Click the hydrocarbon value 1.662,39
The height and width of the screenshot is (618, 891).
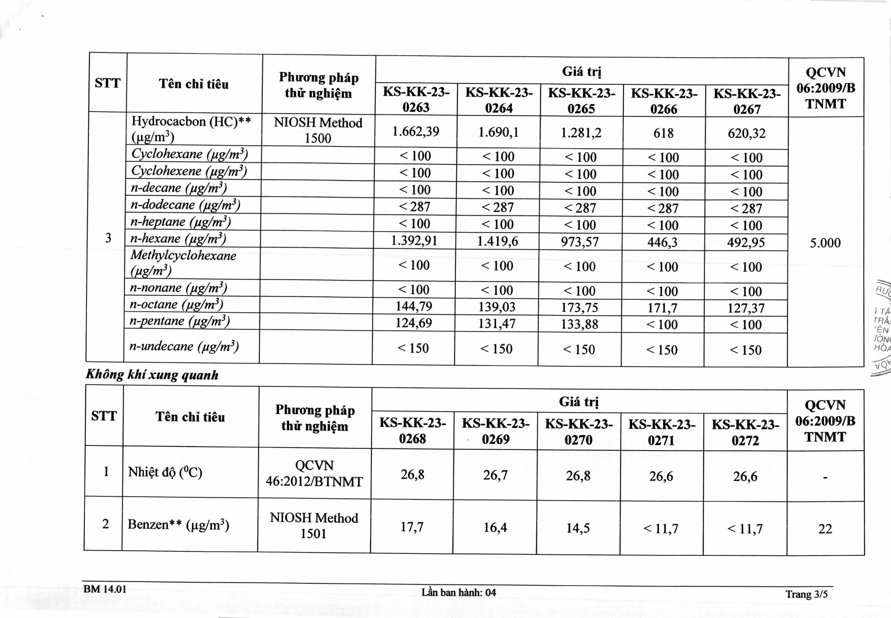pyautogui.click(x=416, y=132)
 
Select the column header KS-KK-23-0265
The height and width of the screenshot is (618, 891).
pyautogui.click(x=581, y=101)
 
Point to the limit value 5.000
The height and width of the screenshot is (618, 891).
pyautogui.click(x=825, y=243)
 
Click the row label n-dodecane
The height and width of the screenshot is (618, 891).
pyautogui.click(x=185, y=205)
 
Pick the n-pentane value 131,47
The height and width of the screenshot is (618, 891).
pyautogui.click(x=497, y=323)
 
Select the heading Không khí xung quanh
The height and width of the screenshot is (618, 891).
pyautogui.click(x=152, y=375)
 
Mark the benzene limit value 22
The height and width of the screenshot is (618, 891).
pyautogui.click(x=825, y=529)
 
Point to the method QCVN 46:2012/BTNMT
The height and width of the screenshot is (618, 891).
pyautogui.click(x=314, y=473)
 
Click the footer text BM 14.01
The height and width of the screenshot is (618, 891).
pyautogui.click(x=105, y=589)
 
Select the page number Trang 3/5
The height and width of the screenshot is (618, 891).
pyautogui.click(x=806, y=594)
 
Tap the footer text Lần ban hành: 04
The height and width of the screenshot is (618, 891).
pyautogui.click(x=459, y=592)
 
